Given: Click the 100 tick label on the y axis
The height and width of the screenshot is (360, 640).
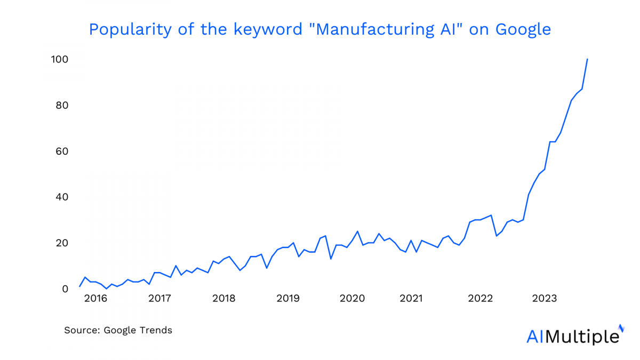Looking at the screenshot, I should [59, 59].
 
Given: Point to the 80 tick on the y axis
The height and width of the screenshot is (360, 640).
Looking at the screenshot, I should [61, 105].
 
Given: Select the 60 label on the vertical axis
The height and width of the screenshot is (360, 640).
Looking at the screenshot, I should [61, 151].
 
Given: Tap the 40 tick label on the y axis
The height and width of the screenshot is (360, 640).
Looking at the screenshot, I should [61, 197].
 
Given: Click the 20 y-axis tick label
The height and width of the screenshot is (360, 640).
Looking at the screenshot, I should [61, 243].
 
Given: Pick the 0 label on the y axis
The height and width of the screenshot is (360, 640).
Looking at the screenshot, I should [65, 289].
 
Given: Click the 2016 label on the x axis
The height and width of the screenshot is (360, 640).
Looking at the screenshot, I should [96, 299].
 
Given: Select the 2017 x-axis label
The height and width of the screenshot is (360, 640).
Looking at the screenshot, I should [159, 299].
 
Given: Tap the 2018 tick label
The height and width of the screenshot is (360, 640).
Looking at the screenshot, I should [223, 299].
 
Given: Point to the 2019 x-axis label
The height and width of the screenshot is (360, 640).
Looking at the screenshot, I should [287, 299].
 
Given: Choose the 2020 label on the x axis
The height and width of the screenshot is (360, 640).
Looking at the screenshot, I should [352, 299].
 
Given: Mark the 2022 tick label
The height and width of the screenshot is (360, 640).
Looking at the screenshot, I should [480, 299].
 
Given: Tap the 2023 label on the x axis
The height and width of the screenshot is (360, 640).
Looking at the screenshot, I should [545, 299].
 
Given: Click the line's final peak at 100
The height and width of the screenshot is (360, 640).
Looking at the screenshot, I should [587, 59].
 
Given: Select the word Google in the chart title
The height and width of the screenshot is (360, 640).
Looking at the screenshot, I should [523, 29].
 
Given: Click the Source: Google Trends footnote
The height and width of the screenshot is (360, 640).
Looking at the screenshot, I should [118, 330].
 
